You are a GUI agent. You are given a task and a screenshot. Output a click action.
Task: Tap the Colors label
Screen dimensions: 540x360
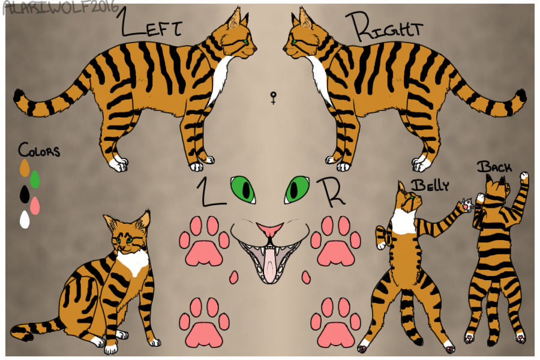(x=39, y=150)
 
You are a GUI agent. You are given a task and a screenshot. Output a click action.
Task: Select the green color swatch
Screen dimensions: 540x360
(x=35, y=179)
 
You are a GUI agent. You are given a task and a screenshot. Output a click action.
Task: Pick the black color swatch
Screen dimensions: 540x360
(x=25, y=194)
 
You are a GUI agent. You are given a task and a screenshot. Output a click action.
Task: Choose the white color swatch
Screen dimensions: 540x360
(x=25, y=220)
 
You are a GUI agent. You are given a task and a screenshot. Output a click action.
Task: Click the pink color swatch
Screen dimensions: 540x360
(x=35, y=206)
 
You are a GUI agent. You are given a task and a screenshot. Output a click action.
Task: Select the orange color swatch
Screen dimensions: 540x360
(x=25, y=168)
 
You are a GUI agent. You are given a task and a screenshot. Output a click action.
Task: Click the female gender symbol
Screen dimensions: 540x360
(x=273, y=98)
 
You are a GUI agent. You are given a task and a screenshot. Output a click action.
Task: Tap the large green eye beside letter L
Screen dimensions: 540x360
(x=244, y=189)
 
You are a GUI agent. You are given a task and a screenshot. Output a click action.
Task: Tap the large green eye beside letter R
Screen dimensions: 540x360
(x=296, y=189)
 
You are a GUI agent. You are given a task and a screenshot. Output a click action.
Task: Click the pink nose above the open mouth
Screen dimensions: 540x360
(x=271, y=230)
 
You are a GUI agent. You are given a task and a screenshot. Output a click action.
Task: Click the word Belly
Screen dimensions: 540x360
(x=430, y=185)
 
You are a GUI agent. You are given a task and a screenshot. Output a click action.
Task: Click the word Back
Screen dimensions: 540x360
(x=494, y=167)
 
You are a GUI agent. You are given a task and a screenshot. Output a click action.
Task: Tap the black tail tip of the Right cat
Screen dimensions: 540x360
(x=521, y=95)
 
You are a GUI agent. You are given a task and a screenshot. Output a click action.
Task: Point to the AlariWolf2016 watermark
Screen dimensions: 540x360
(x=60, y=8)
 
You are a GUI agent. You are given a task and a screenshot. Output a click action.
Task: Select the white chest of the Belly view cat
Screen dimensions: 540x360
(x=404, y=221)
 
